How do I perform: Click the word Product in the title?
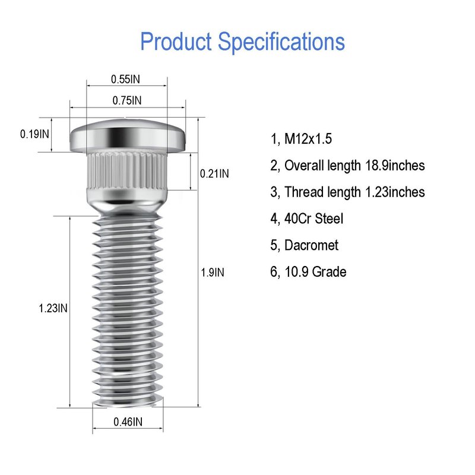tap(176, 42)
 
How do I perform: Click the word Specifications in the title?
tap(281, 42)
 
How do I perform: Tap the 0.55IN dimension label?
tap(125, 80)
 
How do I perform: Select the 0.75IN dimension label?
tap(127, 100)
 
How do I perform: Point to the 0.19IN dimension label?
tap(34, 134)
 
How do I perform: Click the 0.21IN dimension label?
tap(214, 174)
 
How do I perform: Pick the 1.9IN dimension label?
tap(213, 273)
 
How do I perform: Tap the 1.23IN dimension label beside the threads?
tap(53, 308)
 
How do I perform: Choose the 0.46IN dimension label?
tap(128, 422)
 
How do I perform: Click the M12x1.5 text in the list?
tap(308, 139)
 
